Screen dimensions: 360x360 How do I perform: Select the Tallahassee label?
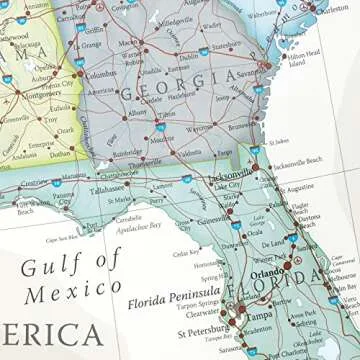(x=107, y=188)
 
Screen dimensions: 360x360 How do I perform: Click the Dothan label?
(x=61, y=154)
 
